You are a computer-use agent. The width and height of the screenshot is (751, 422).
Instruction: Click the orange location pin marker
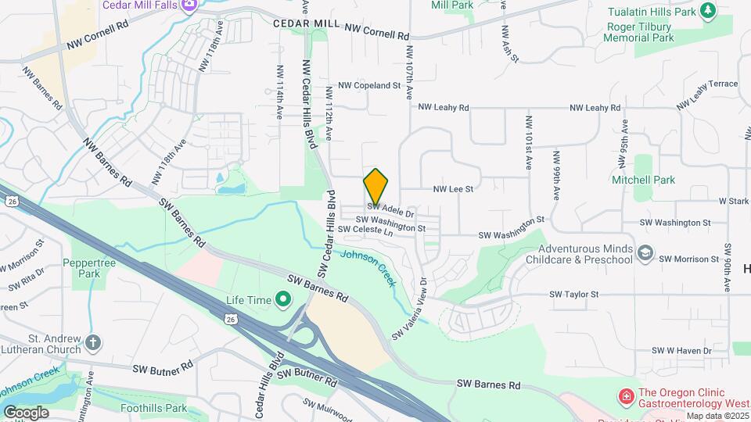tap(376, 187)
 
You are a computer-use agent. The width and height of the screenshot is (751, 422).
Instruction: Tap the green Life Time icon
tap(282, 300)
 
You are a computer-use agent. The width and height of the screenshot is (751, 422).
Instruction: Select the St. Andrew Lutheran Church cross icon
tap(93, 342)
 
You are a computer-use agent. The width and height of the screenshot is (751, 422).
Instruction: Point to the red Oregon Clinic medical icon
tap(625, 398)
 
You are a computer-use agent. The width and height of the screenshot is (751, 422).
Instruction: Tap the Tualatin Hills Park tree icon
tap(708, 10)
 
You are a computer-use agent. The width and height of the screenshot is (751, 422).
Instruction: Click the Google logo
tap(26, 413)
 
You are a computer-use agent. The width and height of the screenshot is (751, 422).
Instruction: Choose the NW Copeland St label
tap(369, 85)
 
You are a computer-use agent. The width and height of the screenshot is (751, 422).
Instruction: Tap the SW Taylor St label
tap(573, 295)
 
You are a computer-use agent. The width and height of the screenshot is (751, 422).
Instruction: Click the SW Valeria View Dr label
tap(411, 309)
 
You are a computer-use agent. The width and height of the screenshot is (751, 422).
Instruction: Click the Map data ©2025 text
tap(717, 415)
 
